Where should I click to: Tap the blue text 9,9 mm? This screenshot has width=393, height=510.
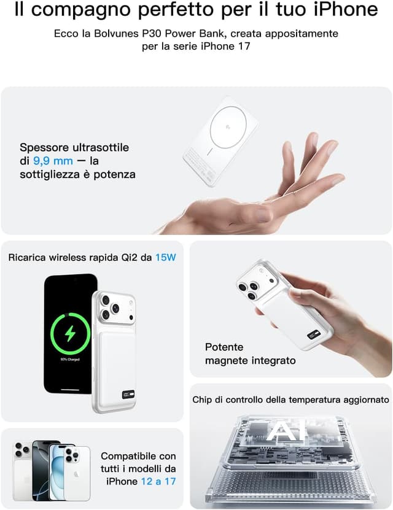pos(53,161)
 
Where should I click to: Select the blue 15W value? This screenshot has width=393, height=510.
pos(165,257)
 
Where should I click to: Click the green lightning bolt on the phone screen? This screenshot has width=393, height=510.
pos(69,334)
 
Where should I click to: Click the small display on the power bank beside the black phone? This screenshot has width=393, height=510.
pos(112,390)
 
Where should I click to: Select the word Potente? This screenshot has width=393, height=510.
pos(224,347)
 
